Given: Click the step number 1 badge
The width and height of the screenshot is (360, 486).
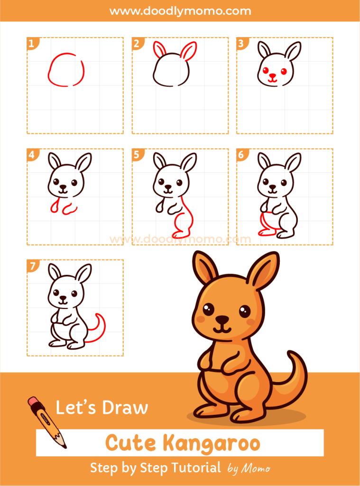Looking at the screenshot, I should pyautogui.click(x=32, y=44).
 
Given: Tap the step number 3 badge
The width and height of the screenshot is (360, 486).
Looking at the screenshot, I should pyautogui.click(x=241, y=44).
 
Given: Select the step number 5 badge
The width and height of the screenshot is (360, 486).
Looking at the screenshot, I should pyautogui.click(x=137, y=154).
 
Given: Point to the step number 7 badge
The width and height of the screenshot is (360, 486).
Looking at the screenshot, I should pyautogui.click(x=32, y=265).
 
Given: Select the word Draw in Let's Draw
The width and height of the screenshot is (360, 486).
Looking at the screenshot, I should pyautogui.click(x=125, y=408).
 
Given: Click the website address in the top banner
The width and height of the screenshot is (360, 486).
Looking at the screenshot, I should pyautogui.click(x=180, y=10).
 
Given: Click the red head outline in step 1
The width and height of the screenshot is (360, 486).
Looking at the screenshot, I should pyautogui.click(x=66, y=71).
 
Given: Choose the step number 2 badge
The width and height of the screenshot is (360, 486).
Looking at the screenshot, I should pyautogui.click(x=137, y=44).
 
